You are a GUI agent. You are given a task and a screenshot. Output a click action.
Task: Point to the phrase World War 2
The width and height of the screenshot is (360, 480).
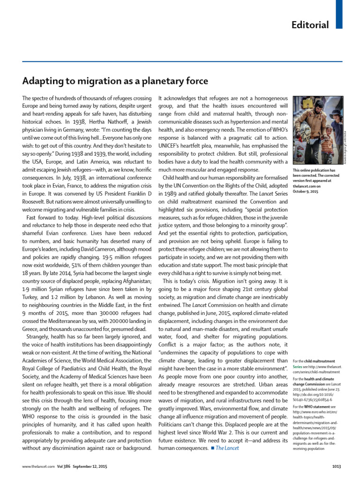tap(225, 432)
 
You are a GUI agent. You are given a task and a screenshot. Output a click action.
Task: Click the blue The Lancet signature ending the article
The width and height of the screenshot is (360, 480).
tap(227, 448)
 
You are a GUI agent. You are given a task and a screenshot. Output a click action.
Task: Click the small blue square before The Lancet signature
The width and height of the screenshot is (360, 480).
tap(212, 448)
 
